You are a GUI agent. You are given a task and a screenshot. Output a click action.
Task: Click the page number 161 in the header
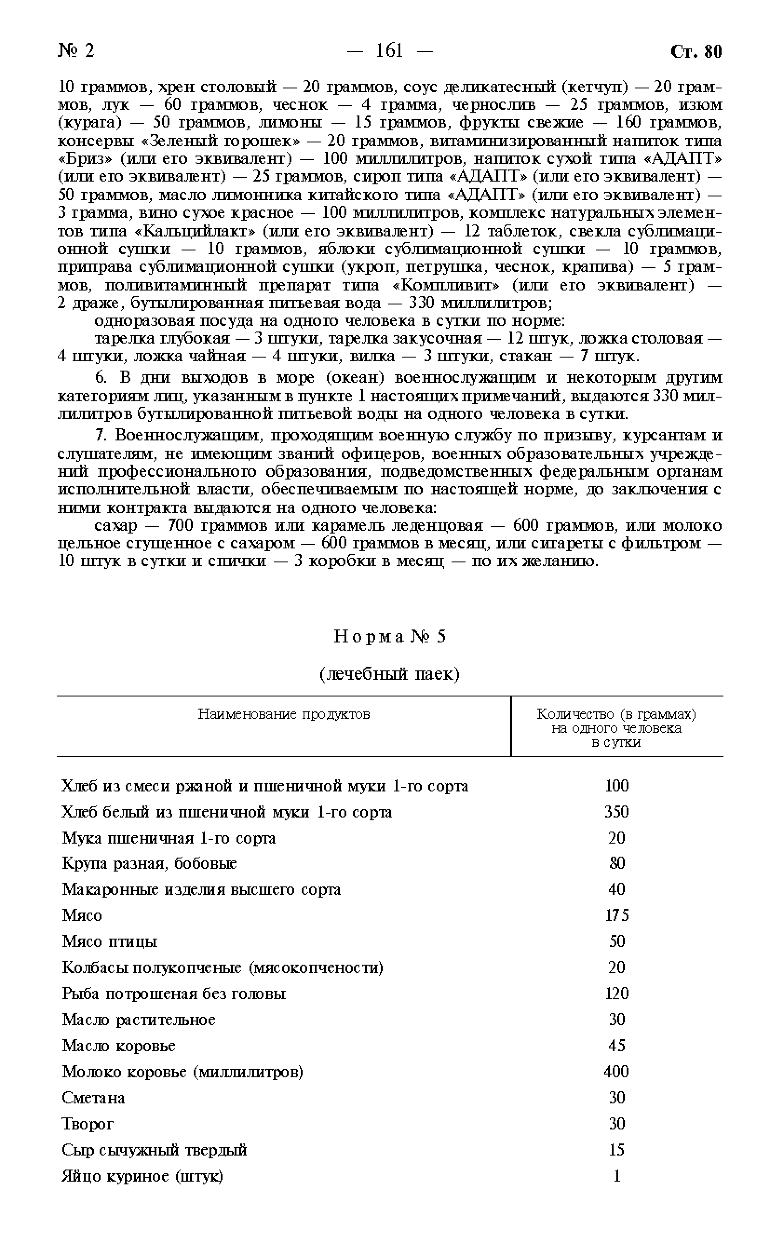point(390,50)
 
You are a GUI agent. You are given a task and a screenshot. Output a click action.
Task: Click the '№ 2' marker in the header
point(76,50)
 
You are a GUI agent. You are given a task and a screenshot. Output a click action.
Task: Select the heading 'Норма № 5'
point(390,636)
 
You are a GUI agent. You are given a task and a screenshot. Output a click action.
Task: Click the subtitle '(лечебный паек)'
point(390,674)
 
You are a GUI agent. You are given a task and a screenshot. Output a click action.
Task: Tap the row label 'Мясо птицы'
point(109,941)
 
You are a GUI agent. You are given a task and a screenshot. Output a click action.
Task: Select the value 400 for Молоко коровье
point(616,1071)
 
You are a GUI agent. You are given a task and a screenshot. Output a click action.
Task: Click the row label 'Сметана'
point(93,1097)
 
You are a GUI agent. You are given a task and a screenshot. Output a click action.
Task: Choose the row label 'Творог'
point(88,1123)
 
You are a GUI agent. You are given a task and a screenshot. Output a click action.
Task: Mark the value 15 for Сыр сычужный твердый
point(616,1149)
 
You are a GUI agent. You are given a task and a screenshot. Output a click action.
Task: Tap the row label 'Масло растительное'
point(139,1020)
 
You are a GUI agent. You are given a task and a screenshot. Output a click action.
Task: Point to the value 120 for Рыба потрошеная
point(616,993)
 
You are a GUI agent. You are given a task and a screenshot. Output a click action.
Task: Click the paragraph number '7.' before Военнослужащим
point(101,435)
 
